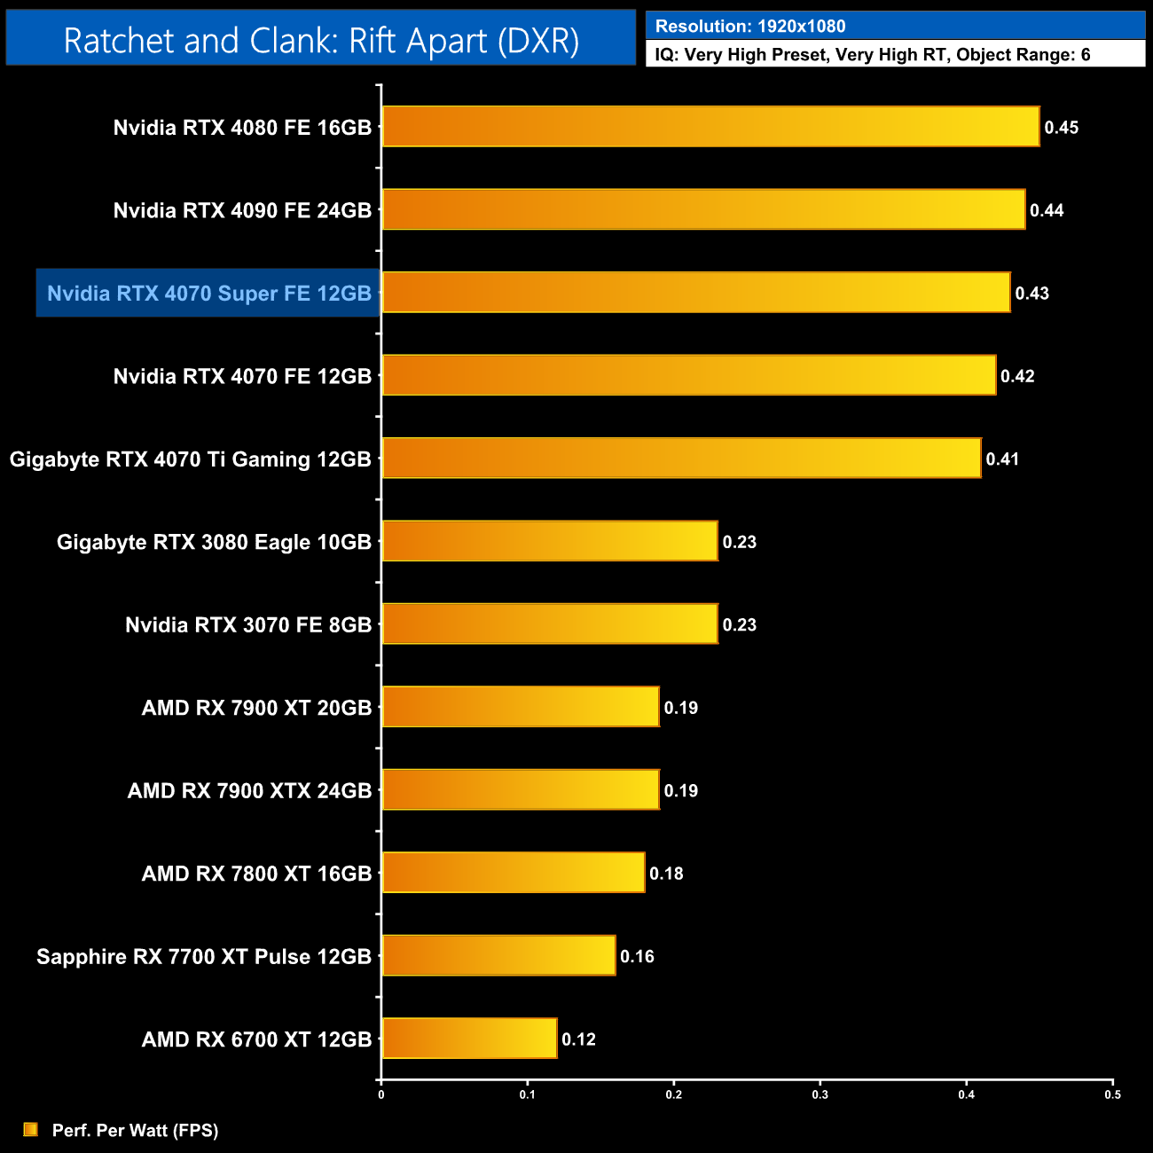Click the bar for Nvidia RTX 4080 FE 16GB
click(x=710, y=127)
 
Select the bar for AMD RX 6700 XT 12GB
click(x=469, y=1039)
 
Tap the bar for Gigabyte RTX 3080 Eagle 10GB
click(x=549, y=541)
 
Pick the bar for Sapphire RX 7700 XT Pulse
click(x=498, y=955)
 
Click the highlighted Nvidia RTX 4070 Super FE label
click(x=208, y=294)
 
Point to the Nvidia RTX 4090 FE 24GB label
click(x=242, y=210)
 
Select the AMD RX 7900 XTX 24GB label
click(x=249, y=790)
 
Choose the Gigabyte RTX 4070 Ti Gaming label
click(x=190, y=459)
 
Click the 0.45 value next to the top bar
click(x=1061, y=128)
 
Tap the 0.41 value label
click(x=1002, y=459)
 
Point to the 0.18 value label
click(x=666, y=874)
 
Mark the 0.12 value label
click(x=578, y=1039)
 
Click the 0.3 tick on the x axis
click(x=820, y=1094)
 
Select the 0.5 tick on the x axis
click(x=1112, y=1094)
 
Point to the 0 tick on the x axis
click(x=381, y=1094)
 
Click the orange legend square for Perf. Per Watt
click(x=31, y=1129)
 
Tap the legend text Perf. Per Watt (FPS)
click(x=135, y=1130)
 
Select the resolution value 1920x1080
click(x=801, y=27)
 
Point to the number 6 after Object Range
click(x=1086, y=55)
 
